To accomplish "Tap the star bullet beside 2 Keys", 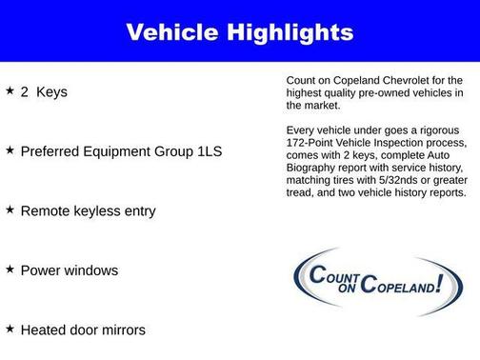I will pos(10,91).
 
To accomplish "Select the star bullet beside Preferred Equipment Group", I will pos(10,150).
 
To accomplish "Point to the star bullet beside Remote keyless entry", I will pos(10,209).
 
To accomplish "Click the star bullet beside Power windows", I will pos(10,269).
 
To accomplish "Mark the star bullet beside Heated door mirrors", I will pos(10,328).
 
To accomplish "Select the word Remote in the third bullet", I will pos(48,210).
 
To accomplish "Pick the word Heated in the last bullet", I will pos(46,330).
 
